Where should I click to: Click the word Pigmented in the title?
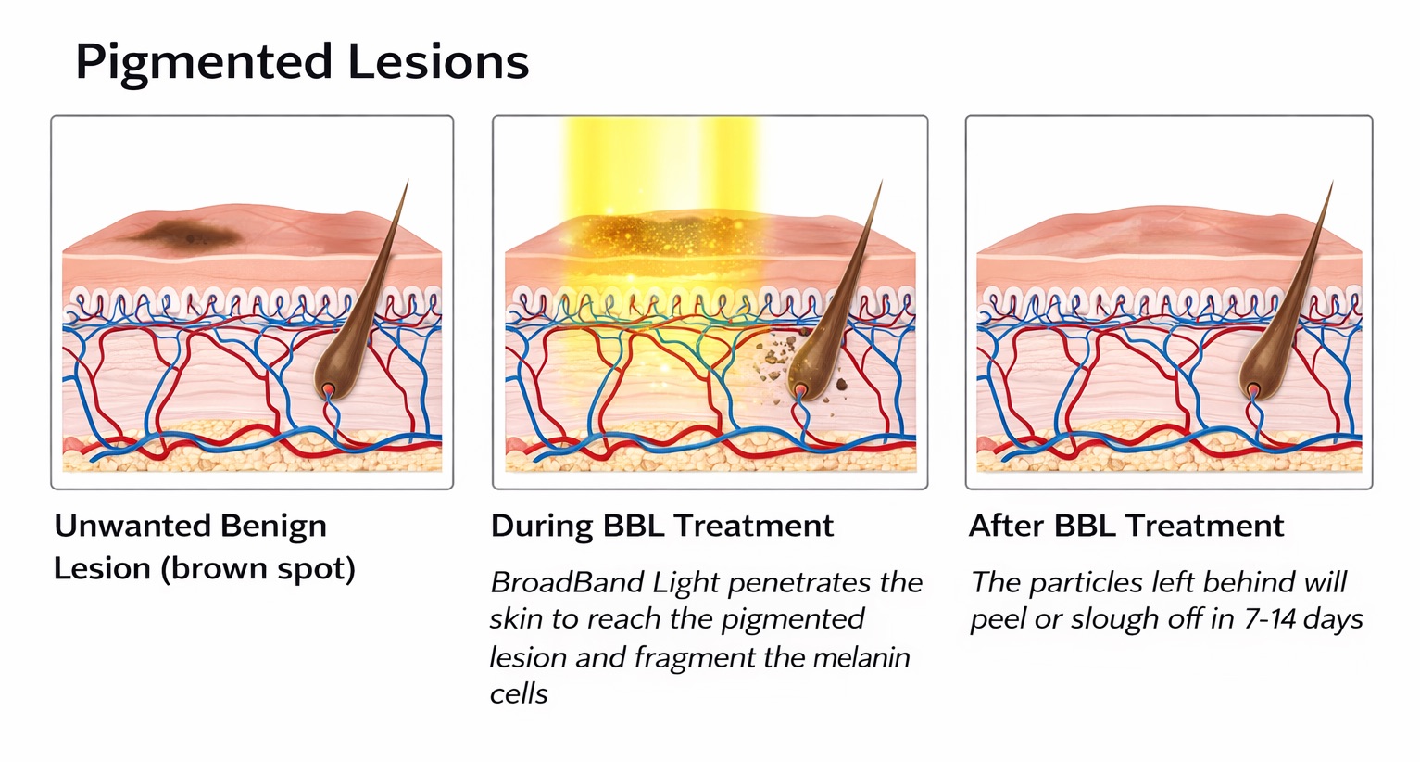(x=203, y=63)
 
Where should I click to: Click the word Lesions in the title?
(x=438, y=61)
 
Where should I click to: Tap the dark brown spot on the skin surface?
(x=185, y=232)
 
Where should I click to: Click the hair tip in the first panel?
(x=405, y=184)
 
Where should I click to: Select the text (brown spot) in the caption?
(x=258, y=568)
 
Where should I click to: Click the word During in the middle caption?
(x=542, y=526)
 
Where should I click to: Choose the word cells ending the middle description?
(x=519, y=694)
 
